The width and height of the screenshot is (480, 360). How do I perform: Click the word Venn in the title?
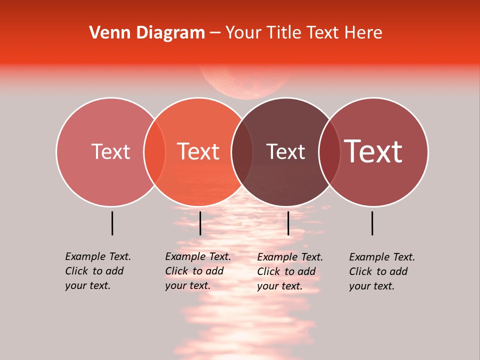point(106,33)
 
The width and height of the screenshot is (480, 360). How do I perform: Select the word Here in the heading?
point(364,33)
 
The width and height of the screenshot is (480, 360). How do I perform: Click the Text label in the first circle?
point(110,151)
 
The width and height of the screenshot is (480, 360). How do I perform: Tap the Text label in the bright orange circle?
point(198,151)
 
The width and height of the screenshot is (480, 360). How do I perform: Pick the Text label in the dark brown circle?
point(286,151)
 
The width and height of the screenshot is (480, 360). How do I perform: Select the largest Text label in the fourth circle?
point(373,151)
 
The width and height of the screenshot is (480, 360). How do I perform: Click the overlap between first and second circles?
point(154,151)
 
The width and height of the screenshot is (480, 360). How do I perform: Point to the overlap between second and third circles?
point(242,151)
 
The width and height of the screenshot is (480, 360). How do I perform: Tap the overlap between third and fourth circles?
point(329,151)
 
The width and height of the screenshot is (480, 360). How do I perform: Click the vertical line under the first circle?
point(112,223)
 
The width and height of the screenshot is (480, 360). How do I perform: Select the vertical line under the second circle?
point(200,223)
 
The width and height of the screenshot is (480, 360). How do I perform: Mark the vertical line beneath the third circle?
point(288,223)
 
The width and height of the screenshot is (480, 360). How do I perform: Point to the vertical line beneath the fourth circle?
point(372,223)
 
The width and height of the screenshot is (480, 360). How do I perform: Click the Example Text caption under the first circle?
point(97,271)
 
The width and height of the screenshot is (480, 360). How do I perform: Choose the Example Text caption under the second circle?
point(197,271)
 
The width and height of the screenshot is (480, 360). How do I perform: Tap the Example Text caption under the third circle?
point(289,271)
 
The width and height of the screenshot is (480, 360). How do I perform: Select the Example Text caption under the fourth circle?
point(381,271)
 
